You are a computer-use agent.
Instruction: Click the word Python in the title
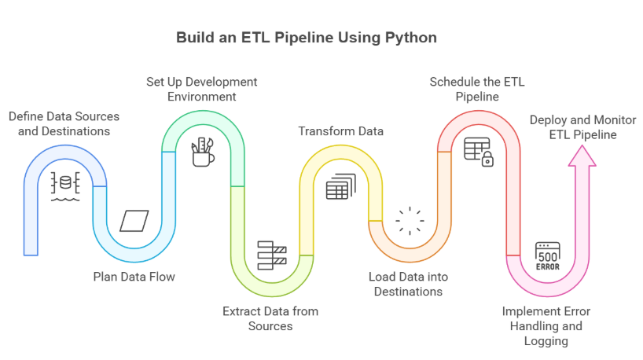(409, 38)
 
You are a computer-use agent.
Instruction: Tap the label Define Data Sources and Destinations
(64, 123)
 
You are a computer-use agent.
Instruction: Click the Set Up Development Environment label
(202, 89)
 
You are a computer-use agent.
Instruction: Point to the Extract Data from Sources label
(270, 318)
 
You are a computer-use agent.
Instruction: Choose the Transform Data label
(340, 130)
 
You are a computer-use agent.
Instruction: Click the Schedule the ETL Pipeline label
(477, 89)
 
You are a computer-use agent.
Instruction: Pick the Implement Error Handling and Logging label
(546, 325)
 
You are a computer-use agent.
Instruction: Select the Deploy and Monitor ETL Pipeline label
(582, 127)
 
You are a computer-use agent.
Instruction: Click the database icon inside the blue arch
(65, 186)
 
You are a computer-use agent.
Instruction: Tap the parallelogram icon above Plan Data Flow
(134, 221)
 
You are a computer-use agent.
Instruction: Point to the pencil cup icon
(203, 152)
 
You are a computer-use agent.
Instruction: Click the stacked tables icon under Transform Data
(340, 186)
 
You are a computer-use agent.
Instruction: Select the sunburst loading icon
(409, 221)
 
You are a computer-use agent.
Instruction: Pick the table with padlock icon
(478, 151)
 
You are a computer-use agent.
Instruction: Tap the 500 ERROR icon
(547, 256)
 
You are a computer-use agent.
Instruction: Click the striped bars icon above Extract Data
(272, 255)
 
